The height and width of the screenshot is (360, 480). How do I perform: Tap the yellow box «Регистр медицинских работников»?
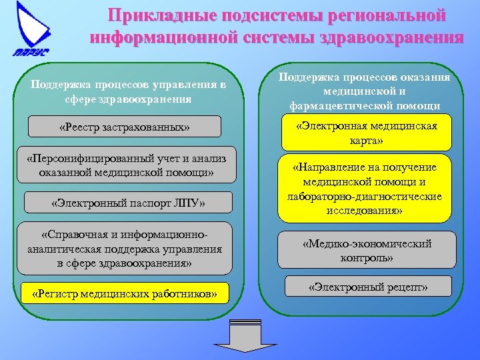pos(125,293)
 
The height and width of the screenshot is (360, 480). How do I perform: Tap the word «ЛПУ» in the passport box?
pos(189,203)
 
